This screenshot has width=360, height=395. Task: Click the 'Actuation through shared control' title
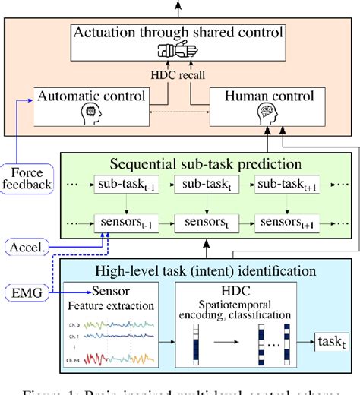pos(179,33)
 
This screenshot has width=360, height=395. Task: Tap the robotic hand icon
pos(180,51)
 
